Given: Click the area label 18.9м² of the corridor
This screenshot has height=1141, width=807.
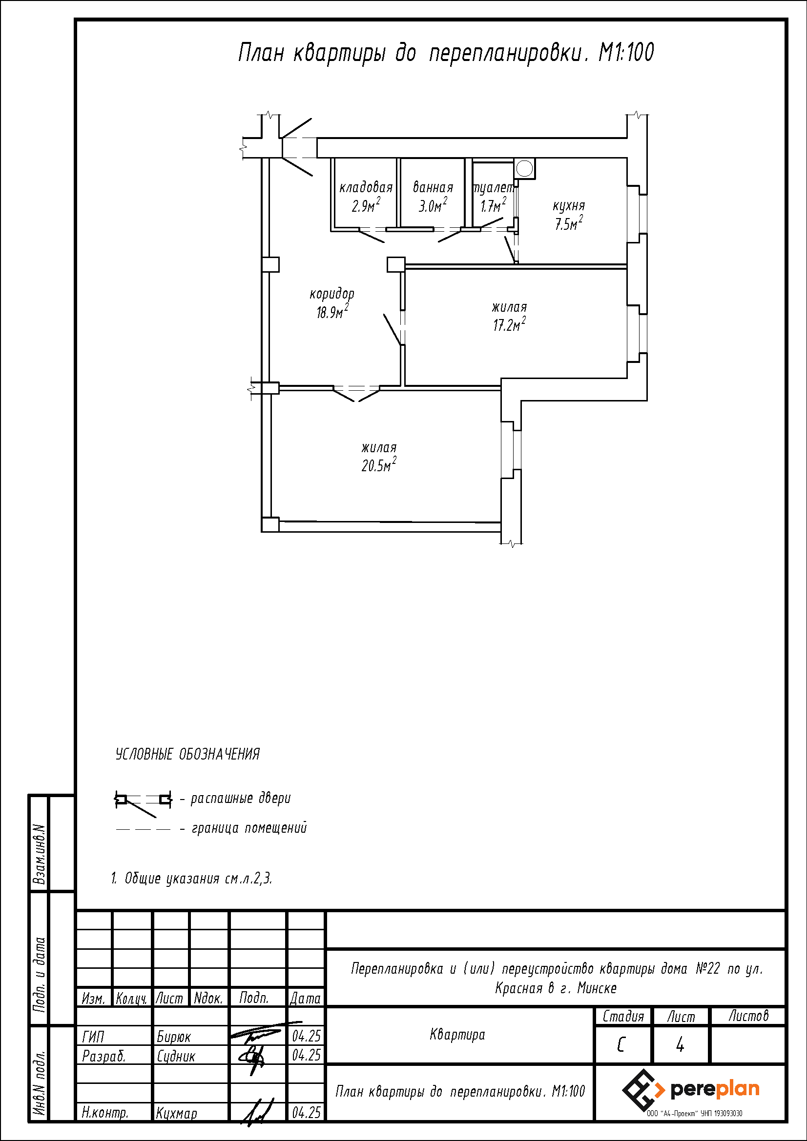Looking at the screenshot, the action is tap(332, 312).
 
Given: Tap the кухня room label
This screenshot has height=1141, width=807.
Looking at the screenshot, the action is tap(569, 206).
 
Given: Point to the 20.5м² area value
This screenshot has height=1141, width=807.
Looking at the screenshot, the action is tap(379, 465).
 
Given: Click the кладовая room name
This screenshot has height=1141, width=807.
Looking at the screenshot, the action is tap(366, 187).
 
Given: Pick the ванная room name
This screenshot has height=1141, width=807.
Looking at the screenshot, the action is tap(433, 187).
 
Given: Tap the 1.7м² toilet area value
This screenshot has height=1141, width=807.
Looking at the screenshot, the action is tap(493, 205).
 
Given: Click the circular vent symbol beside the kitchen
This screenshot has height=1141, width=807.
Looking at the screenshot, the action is tap(523, 168).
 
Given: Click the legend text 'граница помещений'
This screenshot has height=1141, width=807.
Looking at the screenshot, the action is tap(249, 828).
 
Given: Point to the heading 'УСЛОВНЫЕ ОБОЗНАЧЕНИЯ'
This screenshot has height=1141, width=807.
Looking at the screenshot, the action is tap(187, 754).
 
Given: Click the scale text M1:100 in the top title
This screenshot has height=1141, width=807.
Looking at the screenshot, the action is tap(626, 52).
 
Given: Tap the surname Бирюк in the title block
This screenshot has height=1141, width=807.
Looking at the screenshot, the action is tap(173, 1037).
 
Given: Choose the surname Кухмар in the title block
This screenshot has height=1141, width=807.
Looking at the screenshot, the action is tap(177, 1113).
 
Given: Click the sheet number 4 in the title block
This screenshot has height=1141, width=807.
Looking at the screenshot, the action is tap(680, 1045).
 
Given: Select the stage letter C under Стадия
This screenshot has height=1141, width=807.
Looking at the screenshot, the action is tap(621, 1045).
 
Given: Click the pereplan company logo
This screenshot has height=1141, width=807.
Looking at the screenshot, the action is tap(691, 1090).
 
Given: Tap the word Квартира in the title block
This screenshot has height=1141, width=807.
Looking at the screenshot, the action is tap(457, 1035).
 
